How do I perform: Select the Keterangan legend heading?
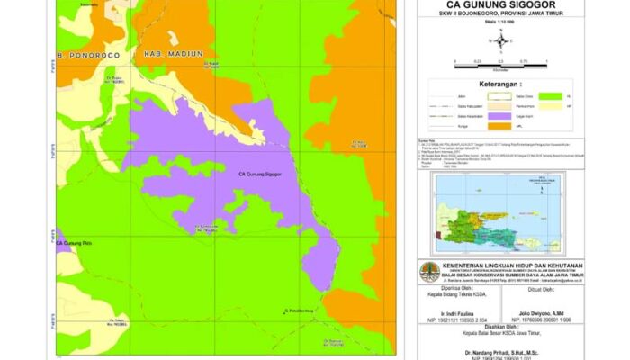click(501, 85)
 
